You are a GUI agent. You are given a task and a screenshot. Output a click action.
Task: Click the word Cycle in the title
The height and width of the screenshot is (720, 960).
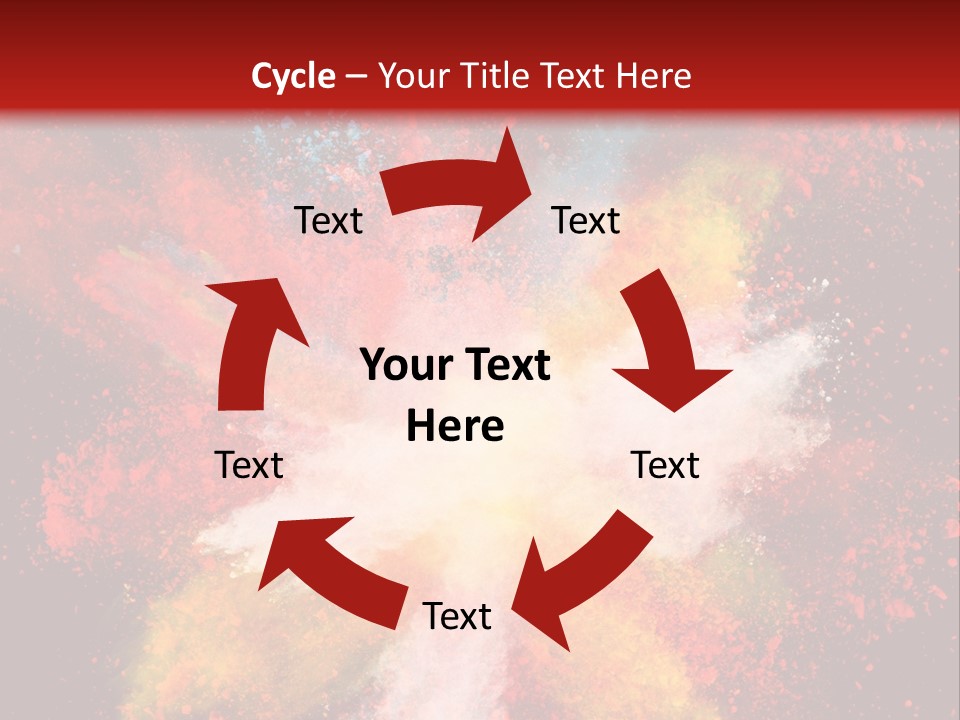pos(293,76)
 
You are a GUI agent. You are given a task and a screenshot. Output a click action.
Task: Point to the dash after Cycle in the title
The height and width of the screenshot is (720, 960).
pos(354,77)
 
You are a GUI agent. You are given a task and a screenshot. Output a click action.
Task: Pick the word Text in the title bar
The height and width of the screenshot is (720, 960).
pos(574,76)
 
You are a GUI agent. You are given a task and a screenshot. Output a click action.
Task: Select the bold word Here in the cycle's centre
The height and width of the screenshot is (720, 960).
pos(455,427)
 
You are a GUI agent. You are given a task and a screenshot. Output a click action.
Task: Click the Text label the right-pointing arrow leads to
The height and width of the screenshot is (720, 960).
pos(586,220)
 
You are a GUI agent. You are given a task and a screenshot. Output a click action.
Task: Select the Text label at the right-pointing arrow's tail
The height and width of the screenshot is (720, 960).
pos(329,220)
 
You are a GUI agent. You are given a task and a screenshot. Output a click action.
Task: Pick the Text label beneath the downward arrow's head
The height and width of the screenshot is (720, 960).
pos(665,465)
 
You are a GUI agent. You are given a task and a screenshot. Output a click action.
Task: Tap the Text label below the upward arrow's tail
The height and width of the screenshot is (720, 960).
pos(250,465)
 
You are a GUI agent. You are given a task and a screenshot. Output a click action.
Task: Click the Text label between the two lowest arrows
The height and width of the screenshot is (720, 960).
pos(457,616)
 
